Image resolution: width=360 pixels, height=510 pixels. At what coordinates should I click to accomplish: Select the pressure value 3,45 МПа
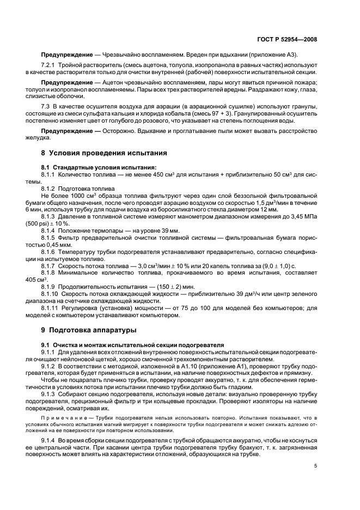coord(305,217)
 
